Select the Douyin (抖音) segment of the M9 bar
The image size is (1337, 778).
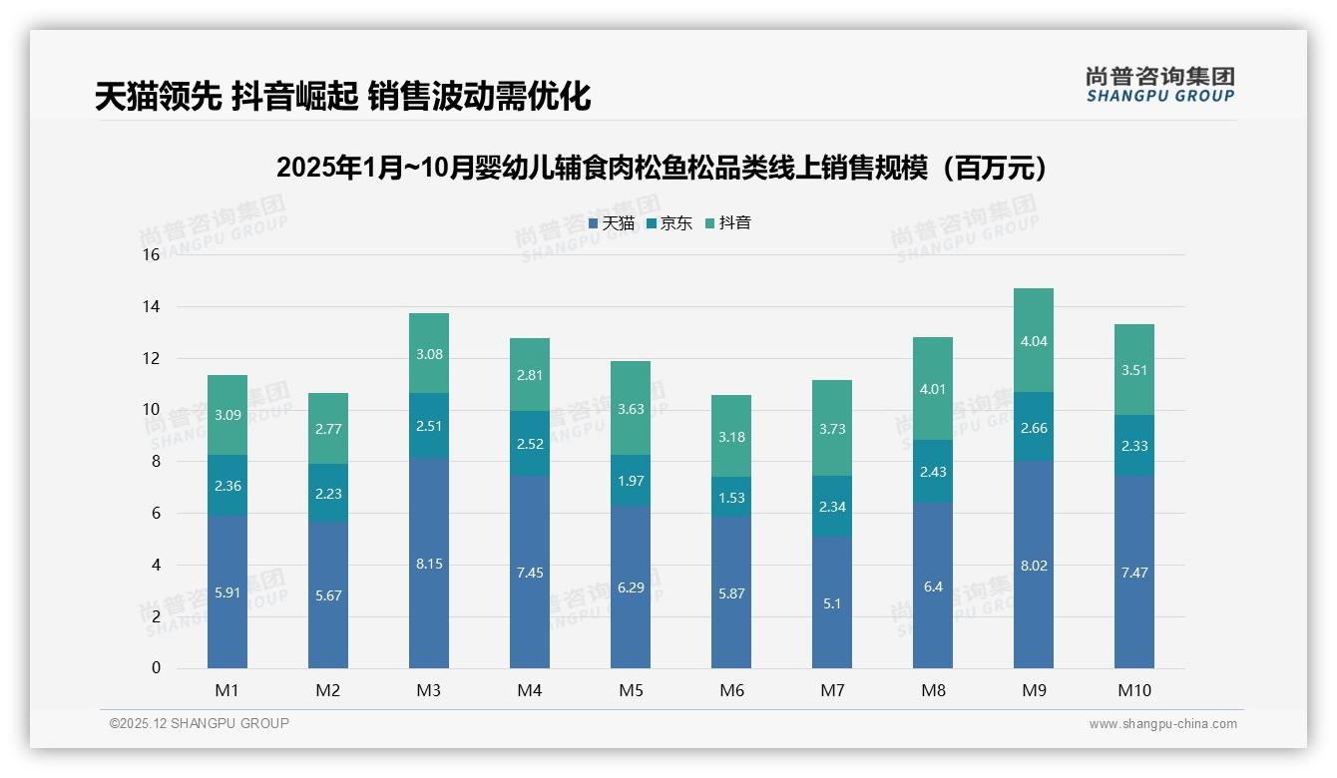1034,340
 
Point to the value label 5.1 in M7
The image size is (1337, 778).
832,603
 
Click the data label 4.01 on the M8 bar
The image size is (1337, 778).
933,389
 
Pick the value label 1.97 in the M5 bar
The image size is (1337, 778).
631,481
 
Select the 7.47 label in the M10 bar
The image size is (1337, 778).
1134,573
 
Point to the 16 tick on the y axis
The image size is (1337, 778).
151,255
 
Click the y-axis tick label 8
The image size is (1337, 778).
156,462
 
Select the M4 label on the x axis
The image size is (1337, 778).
530,690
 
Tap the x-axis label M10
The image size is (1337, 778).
1134,690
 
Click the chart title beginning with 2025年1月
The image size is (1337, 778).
667,168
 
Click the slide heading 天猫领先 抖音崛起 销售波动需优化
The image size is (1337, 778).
342,96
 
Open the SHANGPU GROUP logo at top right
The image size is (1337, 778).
1159,85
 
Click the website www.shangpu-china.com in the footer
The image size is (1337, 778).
1162,724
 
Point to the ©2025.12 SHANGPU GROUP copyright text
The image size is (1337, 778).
200,724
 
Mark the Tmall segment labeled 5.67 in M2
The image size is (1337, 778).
328,595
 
